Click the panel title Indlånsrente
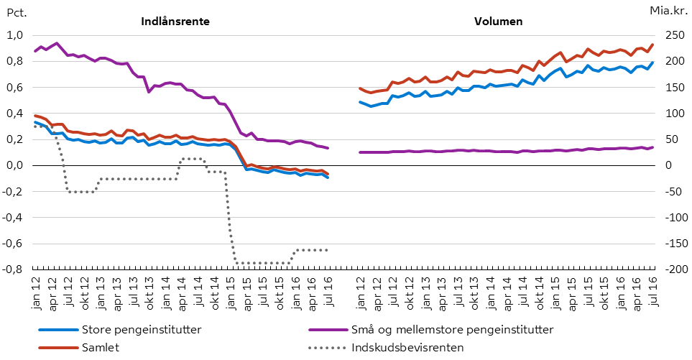175,22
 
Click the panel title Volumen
498,22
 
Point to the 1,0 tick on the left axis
15,35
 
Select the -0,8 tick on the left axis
14,269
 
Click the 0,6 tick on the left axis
15,88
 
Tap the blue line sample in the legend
57,331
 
